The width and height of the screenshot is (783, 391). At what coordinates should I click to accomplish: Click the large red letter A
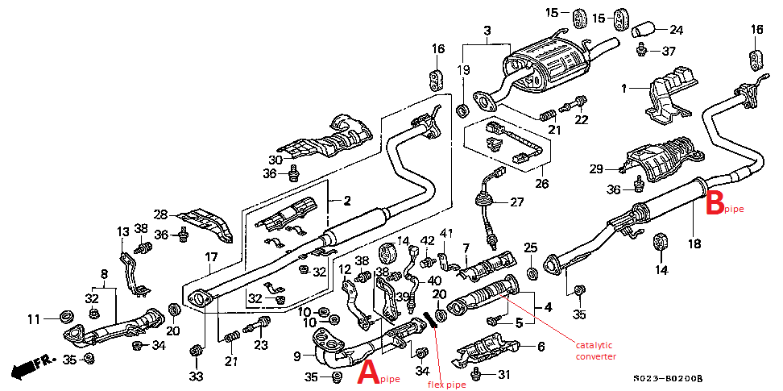click(367, 372)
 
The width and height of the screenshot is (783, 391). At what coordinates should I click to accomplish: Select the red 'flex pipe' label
click(446, 385)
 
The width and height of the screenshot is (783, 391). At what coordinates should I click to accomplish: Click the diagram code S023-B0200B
click(668, 377)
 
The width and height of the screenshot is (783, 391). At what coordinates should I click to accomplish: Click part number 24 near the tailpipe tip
click(675, 31)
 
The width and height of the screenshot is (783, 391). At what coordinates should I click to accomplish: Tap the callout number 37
click(669, 52)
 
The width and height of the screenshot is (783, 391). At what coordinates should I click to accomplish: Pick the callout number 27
click(516, 202)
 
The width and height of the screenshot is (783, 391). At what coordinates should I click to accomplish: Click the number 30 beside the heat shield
click(275, 160)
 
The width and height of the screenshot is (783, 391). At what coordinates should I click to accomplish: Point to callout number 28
click(160, 214)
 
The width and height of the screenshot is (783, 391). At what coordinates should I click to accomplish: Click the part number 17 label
click(210, 258)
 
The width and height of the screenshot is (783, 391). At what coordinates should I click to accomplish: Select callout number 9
click(297, 356)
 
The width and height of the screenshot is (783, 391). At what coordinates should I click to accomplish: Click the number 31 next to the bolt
click(503, 374)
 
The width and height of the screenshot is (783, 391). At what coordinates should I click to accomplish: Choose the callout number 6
click(541, 347)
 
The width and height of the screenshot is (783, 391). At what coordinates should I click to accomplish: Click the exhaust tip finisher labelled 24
click(644, 31)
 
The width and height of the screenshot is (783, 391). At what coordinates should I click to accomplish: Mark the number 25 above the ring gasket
click(530, 247)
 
